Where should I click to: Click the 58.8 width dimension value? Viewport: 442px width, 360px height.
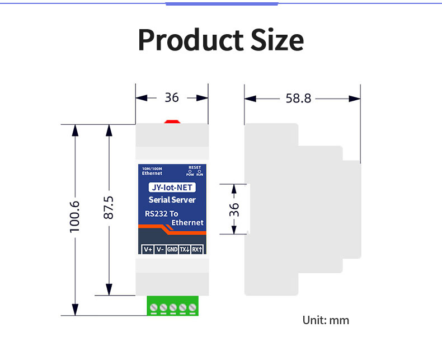tap(298, 99)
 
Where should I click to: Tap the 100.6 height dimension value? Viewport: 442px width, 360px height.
tap(75, 217)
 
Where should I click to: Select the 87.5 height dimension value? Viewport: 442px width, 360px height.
tap(109, 208)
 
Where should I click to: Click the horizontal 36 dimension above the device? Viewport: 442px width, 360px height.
tap(172, 97)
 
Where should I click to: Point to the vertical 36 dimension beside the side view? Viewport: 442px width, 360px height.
tap(234, 209)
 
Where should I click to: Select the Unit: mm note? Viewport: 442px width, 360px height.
tap(326, 320)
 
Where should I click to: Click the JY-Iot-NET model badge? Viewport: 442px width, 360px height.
tap(172, 188)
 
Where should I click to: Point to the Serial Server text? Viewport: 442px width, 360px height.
tap(172, 200)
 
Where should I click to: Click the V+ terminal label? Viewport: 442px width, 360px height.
tap(148, 249)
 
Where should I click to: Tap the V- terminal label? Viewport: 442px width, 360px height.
tap(160, 249)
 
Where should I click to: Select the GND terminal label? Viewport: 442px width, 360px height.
tap(172, 249)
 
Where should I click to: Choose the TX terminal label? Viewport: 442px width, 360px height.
tap(185, 249)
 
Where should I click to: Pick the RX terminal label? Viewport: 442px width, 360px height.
tap(197, 249)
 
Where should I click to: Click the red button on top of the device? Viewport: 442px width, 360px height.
tap(172, 122)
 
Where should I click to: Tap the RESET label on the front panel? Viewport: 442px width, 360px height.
tap(195, 167)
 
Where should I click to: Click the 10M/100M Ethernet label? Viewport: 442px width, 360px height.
tap(152, 171)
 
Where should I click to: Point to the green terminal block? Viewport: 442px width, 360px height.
tap(172, 306)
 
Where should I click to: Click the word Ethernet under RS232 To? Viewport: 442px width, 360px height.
tap(187, 223)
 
